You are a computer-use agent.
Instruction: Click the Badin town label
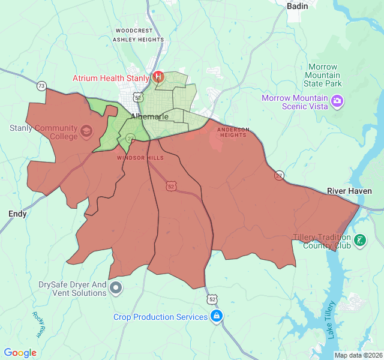(x=298, y=6)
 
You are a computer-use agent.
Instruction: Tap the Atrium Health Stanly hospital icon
(x=158, y=77)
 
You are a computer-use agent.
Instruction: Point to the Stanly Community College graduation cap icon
(x=86, y=131)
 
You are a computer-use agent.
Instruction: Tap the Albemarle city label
(x=149, y=116)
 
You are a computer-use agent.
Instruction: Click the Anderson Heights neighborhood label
(x=232, y=132)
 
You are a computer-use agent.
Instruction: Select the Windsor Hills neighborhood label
(x=140, y=158)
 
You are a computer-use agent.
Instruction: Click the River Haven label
(x=349, y=191)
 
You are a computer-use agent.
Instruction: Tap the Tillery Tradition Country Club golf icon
(x=359, y=241)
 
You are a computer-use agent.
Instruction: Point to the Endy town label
(x=17, y=214)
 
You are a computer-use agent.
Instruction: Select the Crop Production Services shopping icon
(x=217, y=316)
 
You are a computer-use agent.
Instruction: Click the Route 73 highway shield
(x=41, y=86)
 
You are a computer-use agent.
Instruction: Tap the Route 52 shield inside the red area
(x=172, y=187)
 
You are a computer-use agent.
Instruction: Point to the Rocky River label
(x=39, y=324)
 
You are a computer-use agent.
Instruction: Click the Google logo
(x=20, y=353)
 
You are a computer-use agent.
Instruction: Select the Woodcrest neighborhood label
(x=134, y=30)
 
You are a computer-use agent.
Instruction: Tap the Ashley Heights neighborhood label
(x=138, y=40)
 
